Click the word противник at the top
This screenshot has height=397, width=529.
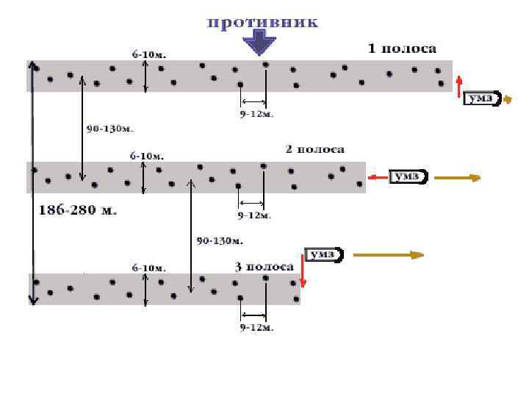(x=262, y=22)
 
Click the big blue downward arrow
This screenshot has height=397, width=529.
(x=258, y=42)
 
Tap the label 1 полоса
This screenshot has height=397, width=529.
(x=402, y=49)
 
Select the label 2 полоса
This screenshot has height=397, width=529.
(x=314, y=149)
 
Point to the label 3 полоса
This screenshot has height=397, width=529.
(x=264, y=266)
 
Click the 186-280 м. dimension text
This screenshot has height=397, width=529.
(x=77, y=210)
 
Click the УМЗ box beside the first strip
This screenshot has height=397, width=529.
(x=482, y=99)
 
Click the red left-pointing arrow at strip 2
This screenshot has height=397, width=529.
(x=378, y=176)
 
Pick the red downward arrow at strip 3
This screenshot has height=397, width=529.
(x=302, y=275)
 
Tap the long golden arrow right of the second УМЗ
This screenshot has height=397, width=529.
(x=457, y=177)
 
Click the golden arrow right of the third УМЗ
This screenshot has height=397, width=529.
(x=388, y=254)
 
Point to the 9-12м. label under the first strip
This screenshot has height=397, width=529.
(x=256, y=114)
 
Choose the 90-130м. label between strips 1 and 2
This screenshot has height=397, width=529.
(x=110, y=129)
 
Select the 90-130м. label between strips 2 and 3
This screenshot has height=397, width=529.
(x=220, y=240)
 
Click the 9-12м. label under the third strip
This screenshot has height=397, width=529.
(x=256, y=327)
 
